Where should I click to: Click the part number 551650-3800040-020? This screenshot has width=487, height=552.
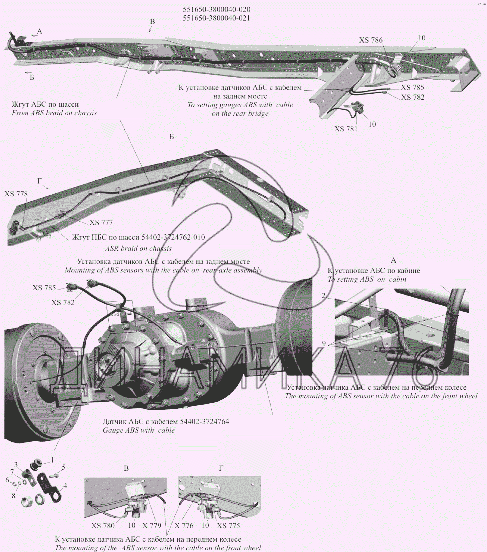point(216,10)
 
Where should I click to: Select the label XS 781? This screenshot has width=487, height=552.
point(346,129)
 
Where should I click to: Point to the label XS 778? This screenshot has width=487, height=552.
point(16,194)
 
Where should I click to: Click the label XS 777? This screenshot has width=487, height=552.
point(101,223)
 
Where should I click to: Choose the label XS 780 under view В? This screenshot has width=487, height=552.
point(103,525)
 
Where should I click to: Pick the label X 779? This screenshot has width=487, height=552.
point(152,525)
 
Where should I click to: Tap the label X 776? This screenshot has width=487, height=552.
point(184,525)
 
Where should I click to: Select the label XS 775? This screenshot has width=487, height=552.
point(228,525)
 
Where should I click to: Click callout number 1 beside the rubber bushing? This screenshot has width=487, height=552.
point(52,460)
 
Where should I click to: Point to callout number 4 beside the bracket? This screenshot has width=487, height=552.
point(65,485)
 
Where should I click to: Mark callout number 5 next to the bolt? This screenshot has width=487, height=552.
point(63,467)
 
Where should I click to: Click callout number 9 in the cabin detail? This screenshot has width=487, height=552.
point(324,343)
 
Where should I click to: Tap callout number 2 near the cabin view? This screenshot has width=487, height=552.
point(323,296)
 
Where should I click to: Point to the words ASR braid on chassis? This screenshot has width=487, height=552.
point(138,248)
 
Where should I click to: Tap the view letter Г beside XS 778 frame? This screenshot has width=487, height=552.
point(39,181)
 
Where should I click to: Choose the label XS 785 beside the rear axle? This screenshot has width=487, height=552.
point(44,288)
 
